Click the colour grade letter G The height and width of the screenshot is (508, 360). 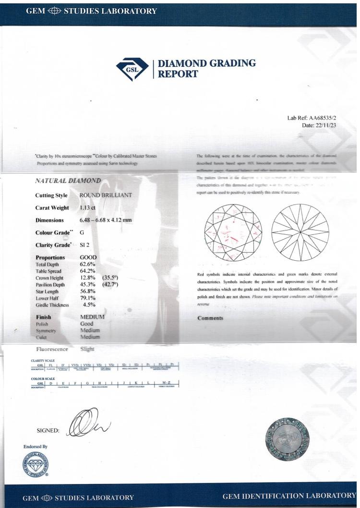pos(82,232)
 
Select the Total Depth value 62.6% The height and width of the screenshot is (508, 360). pos(88,264)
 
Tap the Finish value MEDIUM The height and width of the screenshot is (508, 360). pos(93,317)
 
